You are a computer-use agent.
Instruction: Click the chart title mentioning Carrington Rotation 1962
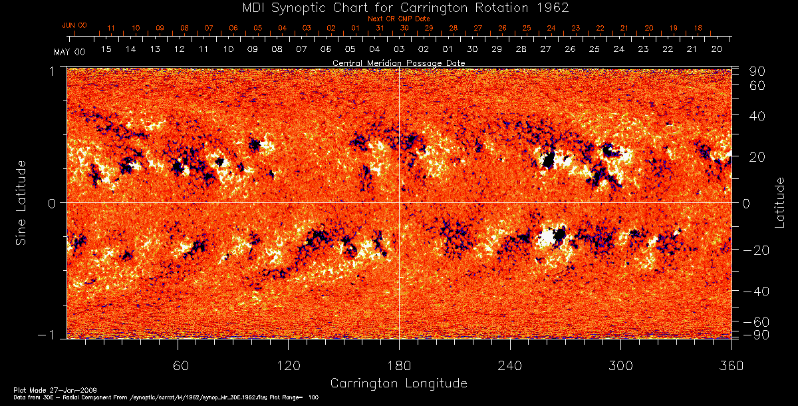tap(399, 8)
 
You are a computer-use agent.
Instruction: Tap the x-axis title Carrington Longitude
tap(398, 383)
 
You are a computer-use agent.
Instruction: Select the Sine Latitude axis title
tap(21, 202)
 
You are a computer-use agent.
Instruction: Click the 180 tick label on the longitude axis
tap(398, 365)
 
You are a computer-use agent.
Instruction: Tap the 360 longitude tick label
tap(731, 365)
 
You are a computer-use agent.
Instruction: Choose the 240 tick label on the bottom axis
tap(509, 365)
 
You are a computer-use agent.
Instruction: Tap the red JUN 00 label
tap(74, 25)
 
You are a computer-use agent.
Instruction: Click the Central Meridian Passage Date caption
tap(398, 63)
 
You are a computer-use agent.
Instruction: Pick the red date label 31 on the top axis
tap(380, 29)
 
